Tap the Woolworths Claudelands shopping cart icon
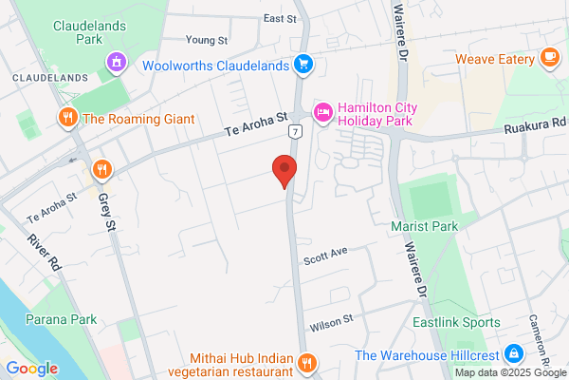coord(303,65)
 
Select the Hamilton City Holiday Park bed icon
coord(322,114)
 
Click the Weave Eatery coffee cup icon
coord(549,59)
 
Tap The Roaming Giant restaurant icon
coord(67,119)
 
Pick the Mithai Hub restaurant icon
coord(306,362)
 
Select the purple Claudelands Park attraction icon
coord(117,64)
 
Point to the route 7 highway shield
coord(297,132)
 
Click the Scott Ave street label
coord(326,255)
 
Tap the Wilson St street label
coord(329,320)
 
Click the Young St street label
coord(207,40)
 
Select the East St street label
coord(280,18)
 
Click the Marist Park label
coord(424,226)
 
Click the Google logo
coord(31,368)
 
